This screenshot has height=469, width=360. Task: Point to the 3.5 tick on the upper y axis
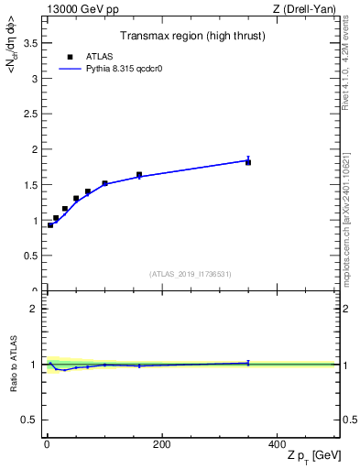tap(29, 43)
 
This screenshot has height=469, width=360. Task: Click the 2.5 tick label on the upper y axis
tap(29, 114)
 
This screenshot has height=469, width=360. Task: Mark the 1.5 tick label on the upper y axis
tap(29, 185)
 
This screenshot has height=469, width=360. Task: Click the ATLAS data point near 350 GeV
tap(248, 162)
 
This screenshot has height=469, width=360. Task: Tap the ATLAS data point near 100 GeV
tap(104, 183)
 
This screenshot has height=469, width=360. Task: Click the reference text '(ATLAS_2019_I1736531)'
tap(191, 274)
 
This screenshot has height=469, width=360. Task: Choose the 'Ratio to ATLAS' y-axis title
tap(12, 364)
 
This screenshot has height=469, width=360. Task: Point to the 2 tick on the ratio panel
tap(34, 309)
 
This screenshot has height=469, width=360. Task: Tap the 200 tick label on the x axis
tap(161, 444)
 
